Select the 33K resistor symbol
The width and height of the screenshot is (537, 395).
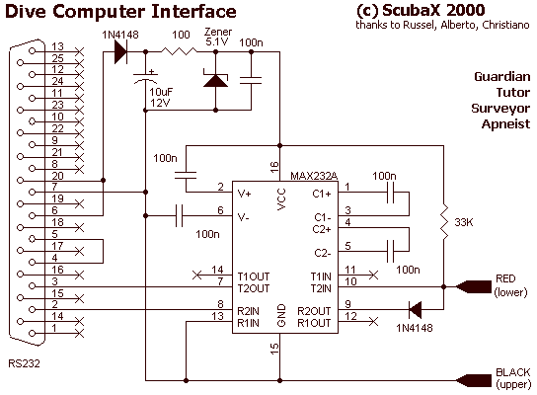click(444, 222)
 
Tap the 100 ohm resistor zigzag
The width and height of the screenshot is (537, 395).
click(179, 51)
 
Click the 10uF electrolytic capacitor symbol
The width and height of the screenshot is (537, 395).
click(145, 79)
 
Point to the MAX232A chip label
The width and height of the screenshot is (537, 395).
click(314, 176)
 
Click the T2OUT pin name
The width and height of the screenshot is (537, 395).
click(254, 288)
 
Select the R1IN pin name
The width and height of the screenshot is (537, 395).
click(248, 323)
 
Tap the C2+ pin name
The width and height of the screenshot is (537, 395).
click(322, 229)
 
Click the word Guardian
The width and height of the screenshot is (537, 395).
click(502, 76)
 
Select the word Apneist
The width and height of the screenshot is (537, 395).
click(505, 123)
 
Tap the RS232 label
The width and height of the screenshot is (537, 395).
click(24, 363)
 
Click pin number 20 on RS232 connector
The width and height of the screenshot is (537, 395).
click(57, 176)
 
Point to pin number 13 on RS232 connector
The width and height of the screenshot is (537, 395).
click(57, 46)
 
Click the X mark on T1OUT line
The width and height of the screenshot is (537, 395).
click(196, 275)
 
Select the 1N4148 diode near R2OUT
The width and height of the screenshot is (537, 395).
click(415, 310)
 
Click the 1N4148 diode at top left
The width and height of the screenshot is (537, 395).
click(120, 51)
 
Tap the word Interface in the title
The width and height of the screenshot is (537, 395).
click(193, 11)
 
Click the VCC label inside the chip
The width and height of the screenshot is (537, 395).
click(281, 198)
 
